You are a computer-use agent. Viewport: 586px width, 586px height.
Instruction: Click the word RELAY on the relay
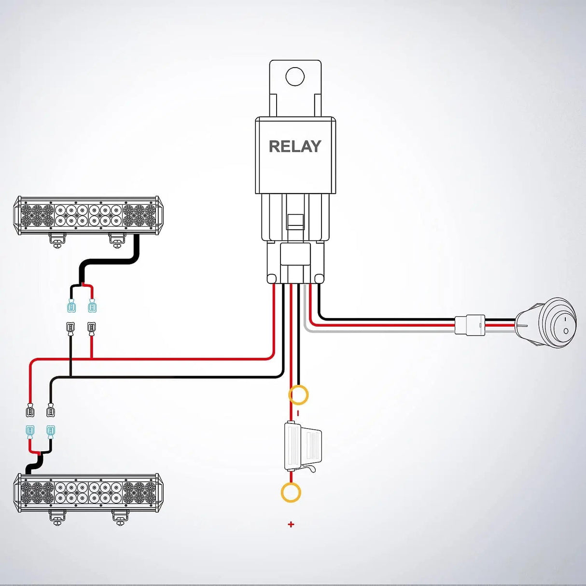point(294,146)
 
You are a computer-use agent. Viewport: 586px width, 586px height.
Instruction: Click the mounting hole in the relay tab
point(295,77)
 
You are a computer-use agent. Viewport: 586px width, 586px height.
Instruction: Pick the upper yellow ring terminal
point(298,395)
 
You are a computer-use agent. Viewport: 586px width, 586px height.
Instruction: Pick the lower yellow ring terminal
point(291,493)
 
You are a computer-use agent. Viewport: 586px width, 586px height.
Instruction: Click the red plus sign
point(291,524)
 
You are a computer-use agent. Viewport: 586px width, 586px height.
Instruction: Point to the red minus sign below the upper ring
point(298,413)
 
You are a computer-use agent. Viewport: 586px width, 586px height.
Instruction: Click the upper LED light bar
point(88,215)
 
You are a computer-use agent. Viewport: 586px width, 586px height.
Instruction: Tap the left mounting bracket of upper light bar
point(57,240)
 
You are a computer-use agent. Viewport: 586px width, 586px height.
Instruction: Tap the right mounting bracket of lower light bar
point(120,517)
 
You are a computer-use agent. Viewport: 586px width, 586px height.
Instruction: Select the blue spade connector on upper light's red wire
point(92,306)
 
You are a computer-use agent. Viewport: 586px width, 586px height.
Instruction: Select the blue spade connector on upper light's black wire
point(71,306)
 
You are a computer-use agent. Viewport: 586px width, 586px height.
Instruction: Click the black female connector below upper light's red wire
point(91,328)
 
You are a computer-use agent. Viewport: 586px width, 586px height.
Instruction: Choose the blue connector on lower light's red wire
point(30,431)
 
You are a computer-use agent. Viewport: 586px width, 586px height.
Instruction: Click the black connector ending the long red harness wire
point(30,411)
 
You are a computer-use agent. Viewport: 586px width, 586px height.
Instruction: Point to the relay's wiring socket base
point(295,263)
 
